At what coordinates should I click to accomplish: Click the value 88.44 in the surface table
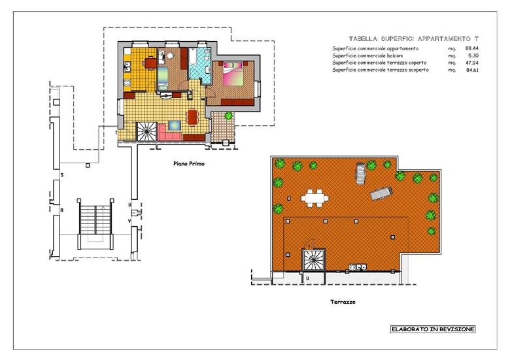point(472,48)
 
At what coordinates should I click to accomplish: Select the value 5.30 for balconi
point(473,56)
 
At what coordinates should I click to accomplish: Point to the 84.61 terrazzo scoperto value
point(472,70)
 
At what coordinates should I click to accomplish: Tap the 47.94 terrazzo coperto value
point(472,63)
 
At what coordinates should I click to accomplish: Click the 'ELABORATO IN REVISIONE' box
point(433,329)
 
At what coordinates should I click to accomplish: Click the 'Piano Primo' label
point(189,164)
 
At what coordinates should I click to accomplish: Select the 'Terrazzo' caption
point(343,302)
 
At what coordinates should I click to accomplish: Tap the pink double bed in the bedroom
point(233,74)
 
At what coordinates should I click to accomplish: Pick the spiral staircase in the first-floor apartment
point(146,131)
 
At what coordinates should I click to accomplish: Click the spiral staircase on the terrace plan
point(314,260)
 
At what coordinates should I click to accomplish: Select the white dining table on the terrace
point(315,198)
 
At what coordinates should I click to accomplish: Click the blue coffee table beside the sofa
point(175,125)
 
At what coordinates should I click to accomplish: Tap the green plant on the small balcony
point(229,116)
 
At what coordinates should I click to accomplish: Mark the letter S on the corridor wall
point(62,175)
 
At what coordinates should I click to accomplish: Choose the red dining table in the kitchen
point(150,62)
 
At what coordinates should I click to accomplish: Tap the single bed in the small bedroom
point(162,78)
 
